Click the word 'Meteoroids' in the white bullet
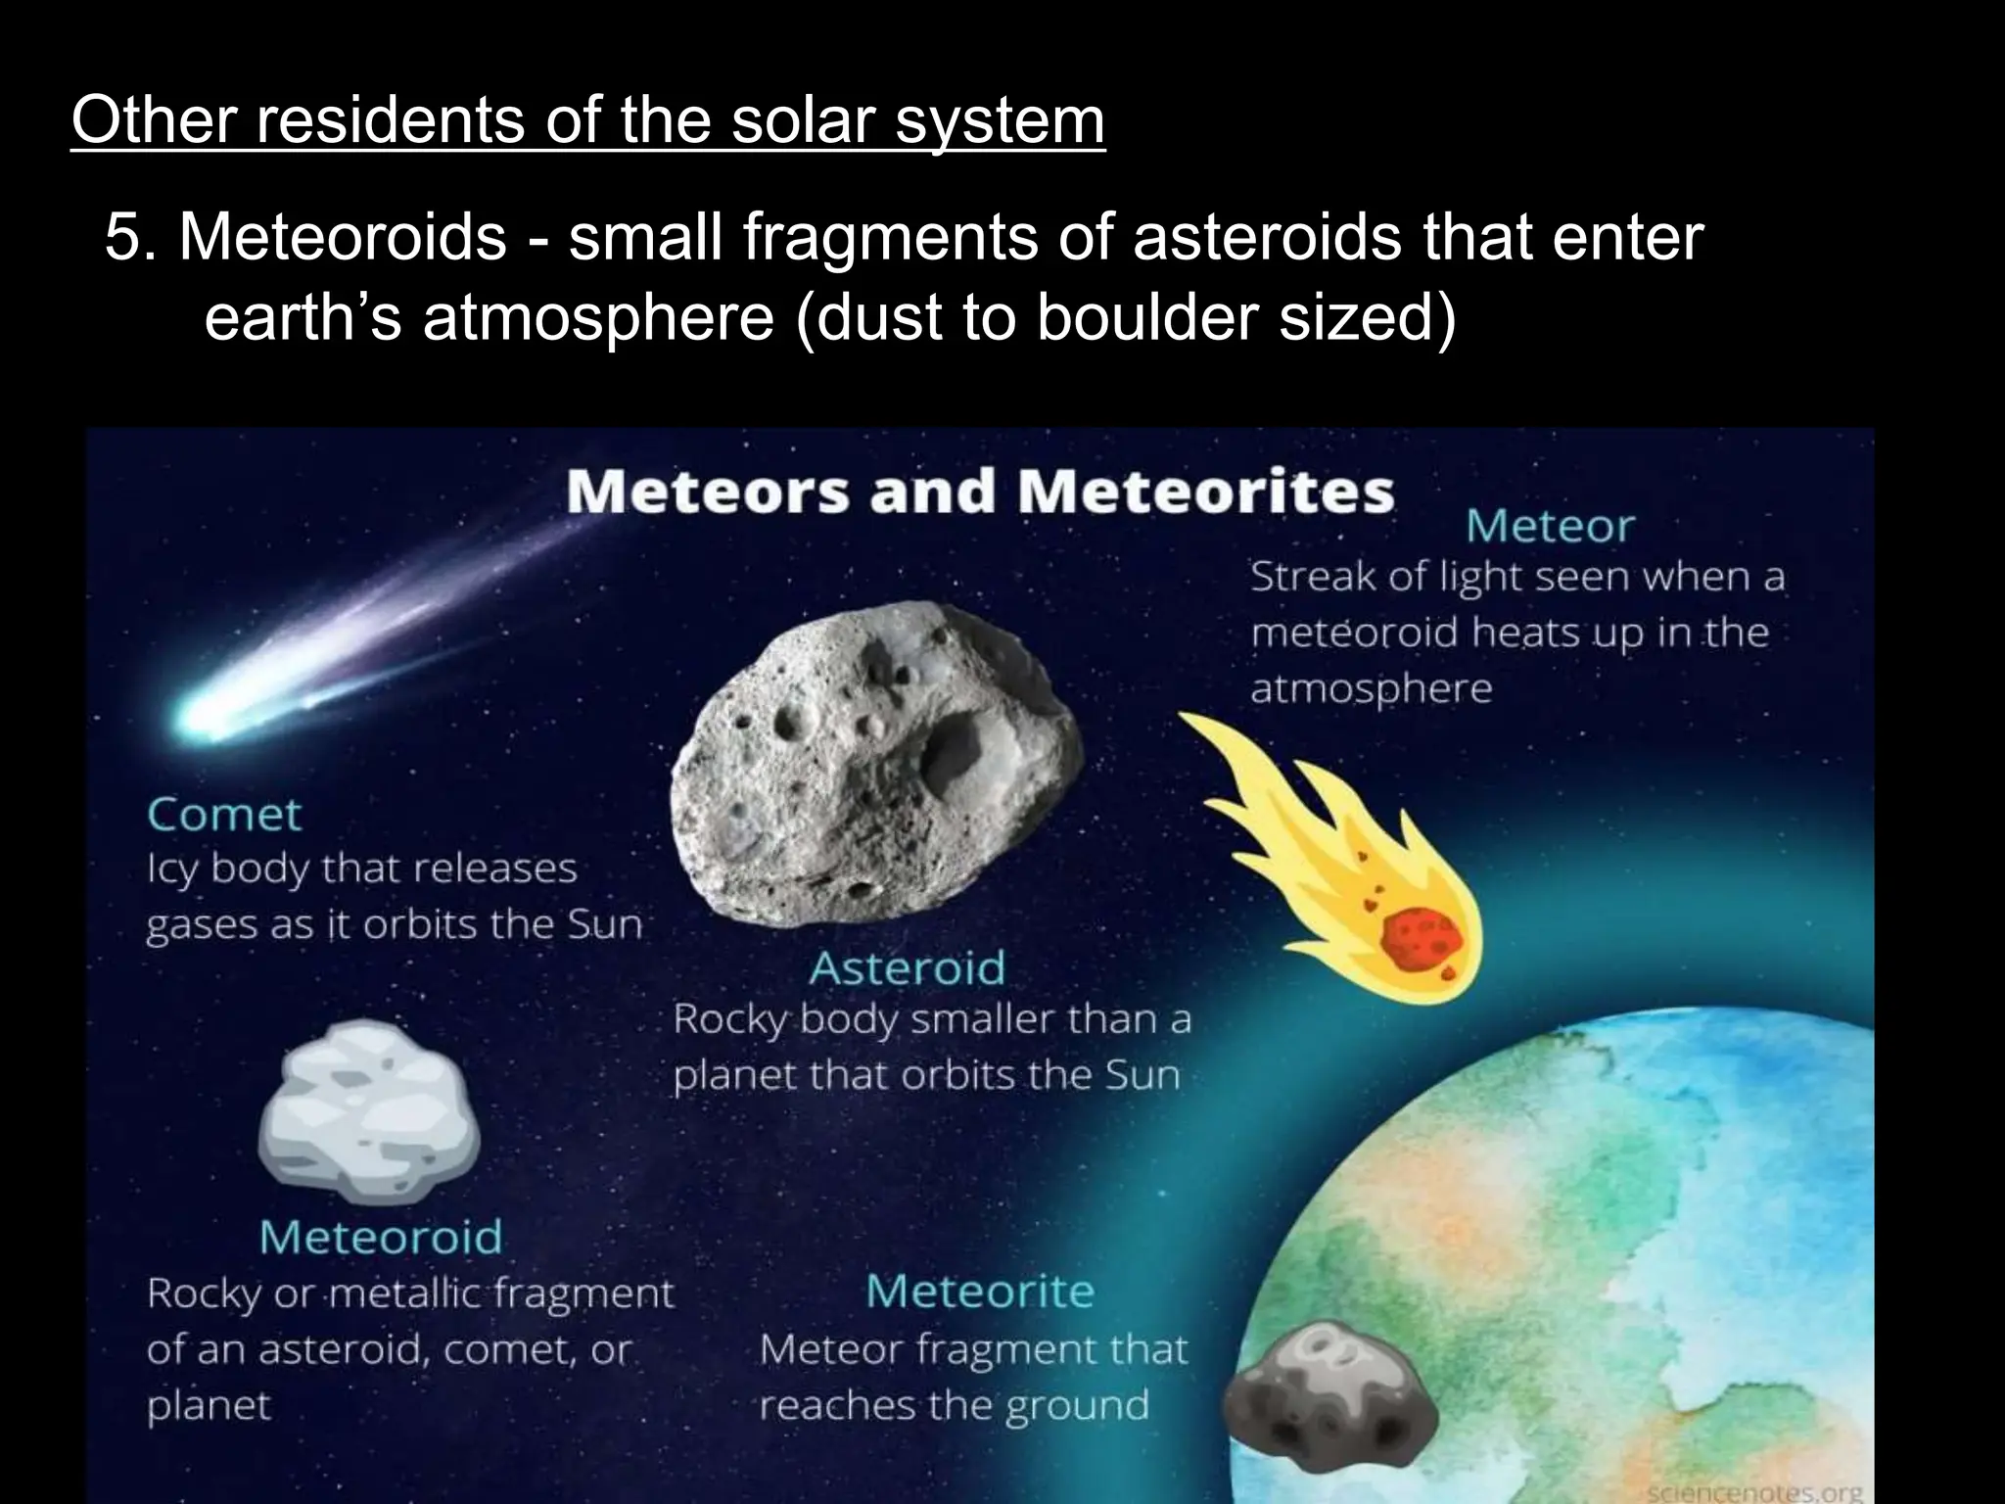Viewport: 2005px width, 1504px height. (x=343, y=238)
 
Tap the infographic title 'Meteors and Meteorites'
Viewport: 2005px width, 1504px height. (x=980, y=491)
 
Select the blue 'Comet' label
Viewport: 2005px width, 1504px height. (x=224, y=815)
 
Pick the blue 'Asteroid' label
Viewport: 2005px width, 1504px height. (x=907, y=968)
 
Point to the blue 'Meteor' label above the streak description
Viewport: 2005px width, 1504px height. (x=1550, y=527)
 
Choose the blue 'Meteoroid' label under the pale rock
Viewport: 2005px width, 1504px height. (x=381, y=1237)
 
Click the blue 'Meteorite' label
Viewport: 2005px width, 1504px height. (x=980, y=1291)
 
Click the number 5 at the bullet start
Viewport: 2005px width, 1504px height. (x=125, y=238)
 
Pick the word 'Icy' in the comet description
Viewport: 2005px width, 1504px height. (x=171, y=869)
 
